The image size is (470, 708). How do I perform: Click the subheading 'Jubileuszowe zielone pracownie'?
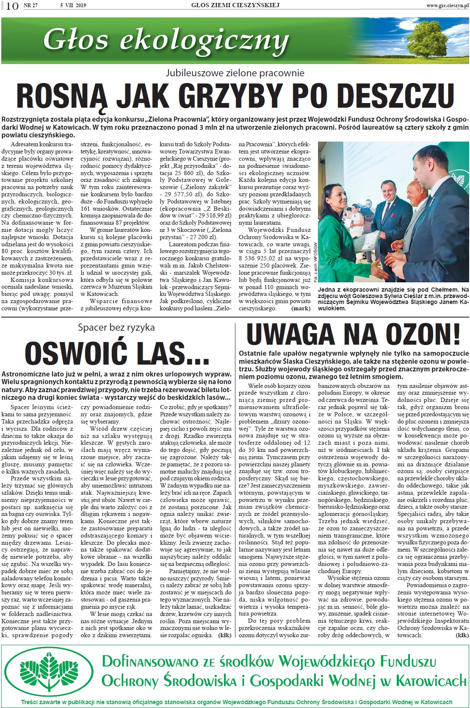235,73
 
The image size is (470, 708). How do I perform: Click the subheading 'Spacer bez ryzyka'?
116,327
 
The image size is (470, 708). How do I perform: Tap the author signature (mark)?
301,309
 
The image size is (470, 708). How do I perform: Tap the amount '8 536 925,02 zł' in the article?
263,258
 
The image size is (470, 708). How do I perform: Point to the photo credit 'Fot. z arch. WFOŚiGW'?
315,262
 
